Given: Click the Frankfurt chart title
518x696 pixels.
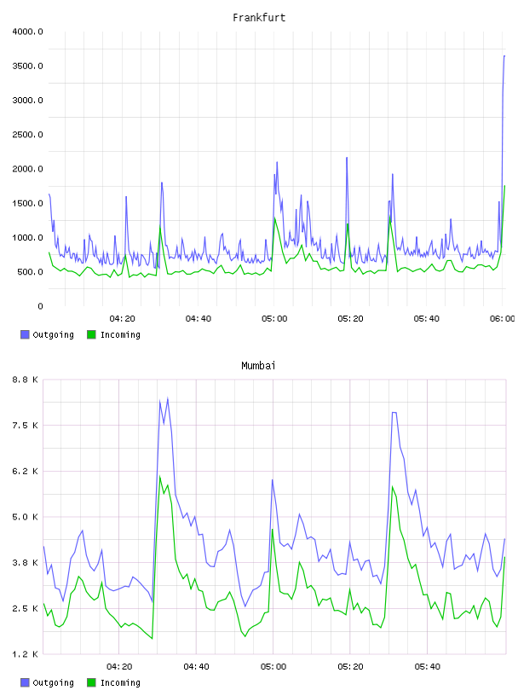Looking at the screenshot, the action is point(259,18).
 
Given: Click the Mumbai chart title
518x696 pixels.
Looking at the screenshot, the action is point(258,366).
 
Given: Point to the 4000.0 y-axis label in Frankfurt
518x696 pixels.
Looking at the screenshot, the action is point(27,32).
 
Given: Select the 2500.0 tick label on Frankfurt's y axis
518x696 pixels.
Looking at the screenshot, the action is point(27,135).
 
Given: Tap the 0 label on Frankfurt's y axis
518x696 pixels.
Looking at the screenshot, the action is point(40,306).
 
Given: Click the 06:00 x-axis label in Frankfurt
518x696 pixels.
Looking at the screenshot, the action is point(503,319).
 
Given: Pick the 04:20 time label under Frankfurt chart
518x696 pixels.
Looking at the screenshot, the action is point(122,319).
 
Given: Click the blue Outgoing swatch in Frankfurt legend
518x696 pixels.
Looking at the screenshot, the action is point(25,334).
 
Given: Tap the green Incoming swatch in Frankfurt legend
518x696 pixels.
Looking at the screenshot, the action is point(91,334).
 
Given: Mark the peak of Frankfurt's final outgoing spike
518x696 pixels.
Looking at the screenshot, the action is point(504,56).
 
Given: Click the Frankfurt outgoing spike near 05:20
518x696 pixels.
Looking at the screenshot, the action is point(347,158).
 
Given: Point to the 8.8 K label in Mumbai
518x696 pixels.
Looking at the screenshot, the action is point(25,380).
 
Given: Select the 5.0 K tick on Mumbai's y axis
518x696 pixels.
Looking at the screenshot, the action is point(25,517).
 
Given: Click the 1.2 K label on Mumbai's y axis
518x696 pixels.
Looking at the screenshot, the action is point(25,654).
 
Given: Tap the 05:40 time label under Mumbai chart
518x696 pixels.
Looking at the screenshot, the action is point(427,667).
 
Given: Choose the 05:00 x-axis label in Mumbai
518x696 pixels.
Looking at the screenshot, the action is point(273,667).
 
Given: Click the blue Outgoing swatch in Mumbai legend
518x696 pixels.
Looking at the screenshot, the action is point(25,682).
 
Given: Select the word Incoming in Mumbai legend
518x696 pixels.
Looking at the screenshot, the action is point(120,682).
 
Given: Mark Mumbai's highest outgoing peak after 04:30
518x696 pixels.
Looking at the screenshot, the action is point(168,398).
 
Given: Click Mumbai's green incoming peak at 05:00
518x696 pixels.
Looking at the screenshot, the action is point(273,529).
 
